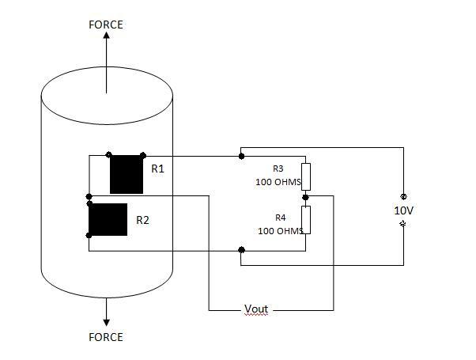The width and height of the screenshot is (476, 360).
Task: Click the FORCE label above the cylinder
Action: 106,25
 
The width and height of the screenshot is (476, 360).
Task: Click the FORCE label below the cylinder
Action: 106,337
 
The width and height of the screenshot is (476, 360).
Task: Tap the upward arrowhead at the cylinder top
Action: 106,36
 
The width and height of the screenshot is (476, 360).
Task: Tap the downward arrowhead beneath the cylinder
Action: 106,323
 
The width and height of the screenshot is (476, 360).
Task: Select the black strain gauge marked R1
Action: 127,174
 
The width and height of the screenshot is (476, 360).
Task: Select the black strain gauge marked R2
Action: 108,219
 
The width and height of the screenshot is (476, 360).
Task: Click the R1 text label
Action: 157,169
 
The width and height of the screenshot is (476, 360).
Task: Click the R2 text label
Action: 142,220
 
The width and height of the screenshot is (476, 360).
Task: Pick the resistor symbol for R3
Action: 306,176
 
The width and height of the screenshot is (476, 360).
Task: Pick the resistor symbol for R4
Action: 306,220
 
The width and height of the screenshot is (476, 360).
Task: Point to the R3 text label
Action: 278,169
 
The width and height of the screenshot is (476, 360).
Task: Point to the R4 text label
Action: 281,218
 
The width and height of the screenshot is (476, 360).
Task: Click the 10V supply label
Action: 404,210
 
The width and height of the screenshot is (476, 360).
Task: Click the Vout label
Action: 256,309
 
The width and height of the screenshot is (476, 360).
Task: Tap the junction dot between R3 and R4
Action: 306,198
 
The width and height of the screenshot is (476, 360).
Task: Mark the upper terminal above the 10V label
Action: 403,196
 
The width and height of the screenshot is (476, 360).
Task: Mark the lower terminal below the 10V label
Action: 403,224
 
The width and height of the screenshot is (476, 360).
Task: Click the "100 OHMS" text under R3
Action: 278,182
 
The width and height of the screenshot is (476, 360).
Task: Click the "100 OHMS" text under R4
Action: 281,231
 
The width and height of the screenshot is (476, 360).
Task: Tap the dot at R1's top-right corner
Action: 143,156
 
